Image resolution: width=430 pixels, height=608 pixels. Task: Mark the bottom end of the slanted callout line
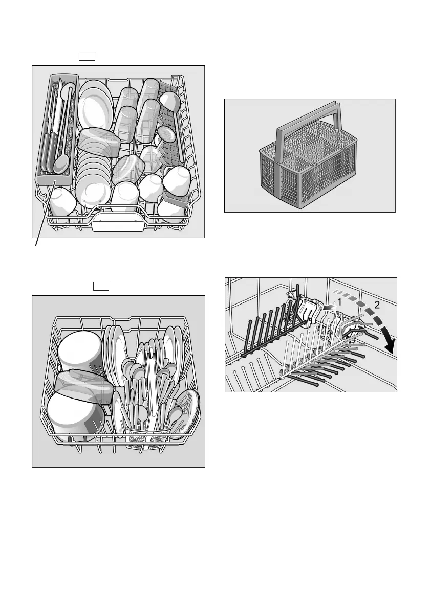click(35, 247)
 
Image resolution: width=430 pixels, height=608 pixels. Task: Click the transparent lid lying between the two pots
click(82, 386)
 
